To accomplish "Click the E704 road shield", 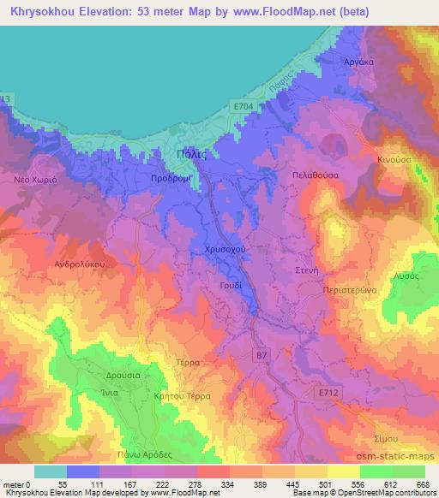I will [x=244, y=105].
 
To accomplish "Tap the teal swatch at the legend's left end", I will [x=50, y=471].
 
